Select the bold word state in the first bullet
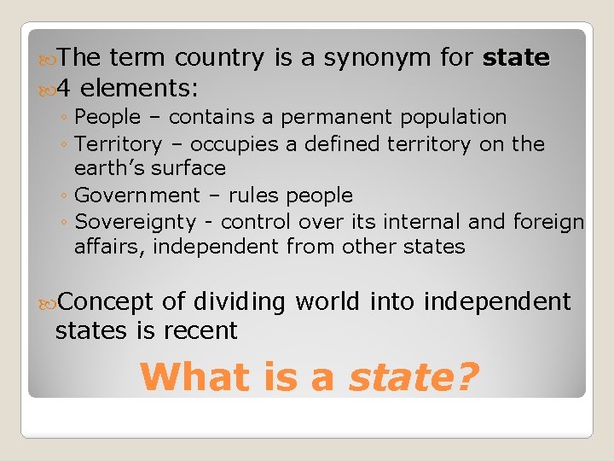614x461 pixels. [516, 58]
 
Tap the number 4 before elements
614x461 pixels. [67, 87]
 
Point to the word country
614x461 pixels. [219, 58]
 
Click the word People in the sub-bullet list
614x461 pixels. [107, 117]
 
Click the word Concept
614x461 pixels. [106, 303]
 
